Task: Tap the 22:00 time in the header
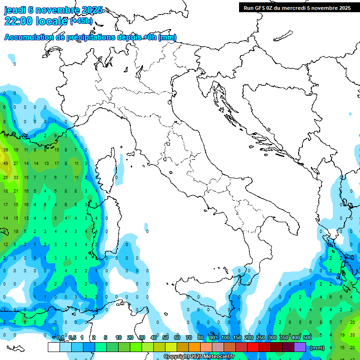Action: coord(18,21)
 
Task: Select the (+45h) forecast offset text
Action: coord(81,21)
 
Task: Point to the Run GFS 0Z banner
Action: coord(297,7)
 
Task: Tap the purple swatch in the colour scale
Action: coord(300,347)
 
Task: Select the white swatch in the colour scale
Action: coord(53,347)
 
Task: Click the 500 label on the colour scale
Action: coord(307,338)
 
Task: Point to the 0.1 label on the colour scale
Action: coord(60,338)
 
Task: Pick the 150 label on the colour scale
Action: coord(237,338)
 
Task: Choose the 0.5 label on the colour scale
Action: coord(72,338)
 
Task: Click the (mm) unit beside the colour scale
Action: coord(317,348)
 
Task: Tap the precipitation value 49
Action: coord(6,164)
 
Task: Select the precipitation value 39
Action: coord(6,150)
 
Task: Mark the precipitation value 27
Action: coord(16,164)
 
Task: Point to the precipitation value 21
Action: coord(16,191)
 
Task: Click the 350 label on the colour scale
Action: coord(284,338)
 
